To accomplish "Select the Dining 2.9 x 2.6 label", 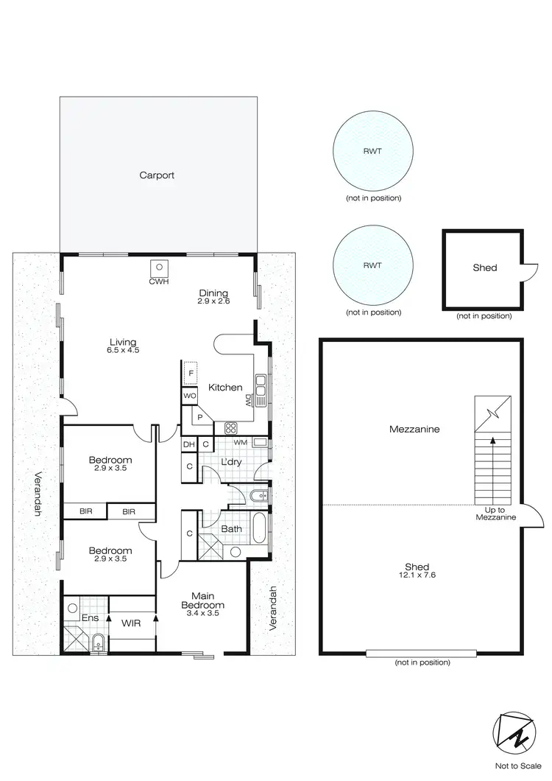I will [213, 296].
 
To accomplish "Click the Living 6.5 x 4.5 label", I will [124, 346].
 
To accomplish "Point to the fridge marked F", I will [191, 374].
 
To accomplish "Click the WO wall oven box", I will [190, 396].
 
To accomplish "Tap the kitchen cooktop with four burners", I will [231, 427].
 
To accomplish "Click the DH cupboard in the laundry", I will [189, 444].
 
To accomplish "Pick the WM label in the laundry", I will [239, 443].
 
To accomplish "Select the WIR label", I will [132, 623].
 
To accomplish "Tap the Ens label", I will [90, 617].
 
